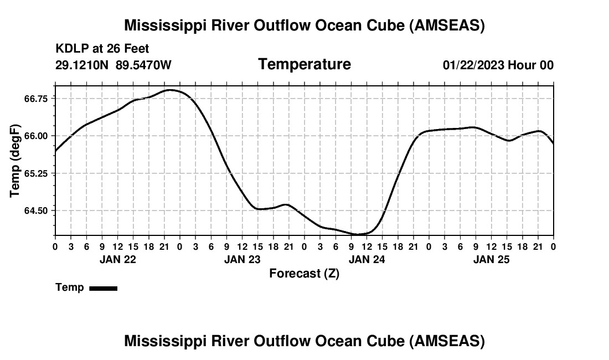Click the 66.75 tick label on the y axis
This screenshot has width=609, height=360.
37,98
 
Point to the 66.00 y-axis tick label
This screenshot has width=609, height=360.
37,136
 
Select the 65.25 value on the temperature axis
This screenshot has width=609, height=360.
37,173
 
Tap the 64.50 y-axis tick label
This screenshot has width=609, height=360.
37,211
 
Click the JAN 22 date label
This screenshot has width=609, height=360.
117,259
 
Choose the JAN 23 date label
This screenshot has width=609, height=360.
242,259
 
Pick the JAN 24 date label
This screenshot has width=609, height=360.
367,259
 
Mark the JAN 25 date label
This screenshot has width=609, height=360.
491,259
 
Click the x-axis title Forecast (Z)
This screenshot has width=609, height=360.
304,274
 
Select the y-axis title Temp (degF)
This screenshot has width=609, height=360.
15,161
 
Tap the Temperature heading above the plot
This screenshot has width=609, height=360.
304,64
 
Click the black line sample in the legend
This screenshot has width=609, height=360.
103,288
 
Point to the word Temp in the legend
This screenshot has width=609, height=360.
70,287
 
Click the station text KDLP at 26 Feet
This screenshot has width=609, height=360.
102,49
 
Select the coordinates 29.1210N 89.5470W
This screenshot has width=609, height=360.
113,65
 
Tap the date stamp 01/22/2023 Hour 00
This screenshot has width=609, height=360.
498,65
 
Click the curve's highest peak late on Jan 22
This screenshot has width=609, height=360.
170,90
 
